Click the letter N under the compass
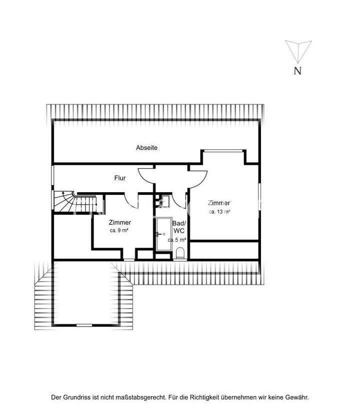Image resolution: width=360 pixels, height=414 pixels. coord(297,70)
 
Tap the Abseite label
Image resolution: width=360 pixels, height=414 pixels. coord(147,148)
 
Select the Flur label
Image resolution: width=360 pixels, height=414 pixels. coord(120,178)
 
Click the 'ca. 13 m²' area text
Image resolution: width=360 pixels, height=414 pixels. coord(219,212)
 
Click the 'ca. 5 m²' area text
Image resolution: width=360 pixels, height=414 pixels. coord(177,240)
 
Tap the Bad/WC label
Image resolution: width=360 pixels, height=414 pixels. coord(179,227)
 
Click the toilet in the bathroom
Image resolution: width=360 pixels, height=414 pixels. coord(180,253)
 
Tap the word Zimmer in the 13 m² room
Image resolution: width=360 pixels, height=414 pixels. coord(219,203)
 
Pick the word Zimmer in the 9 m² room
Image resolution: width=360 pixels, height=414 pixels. coord(120,222)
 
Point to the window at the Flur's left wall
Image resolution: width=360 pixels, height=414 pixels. coord(52,177)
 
